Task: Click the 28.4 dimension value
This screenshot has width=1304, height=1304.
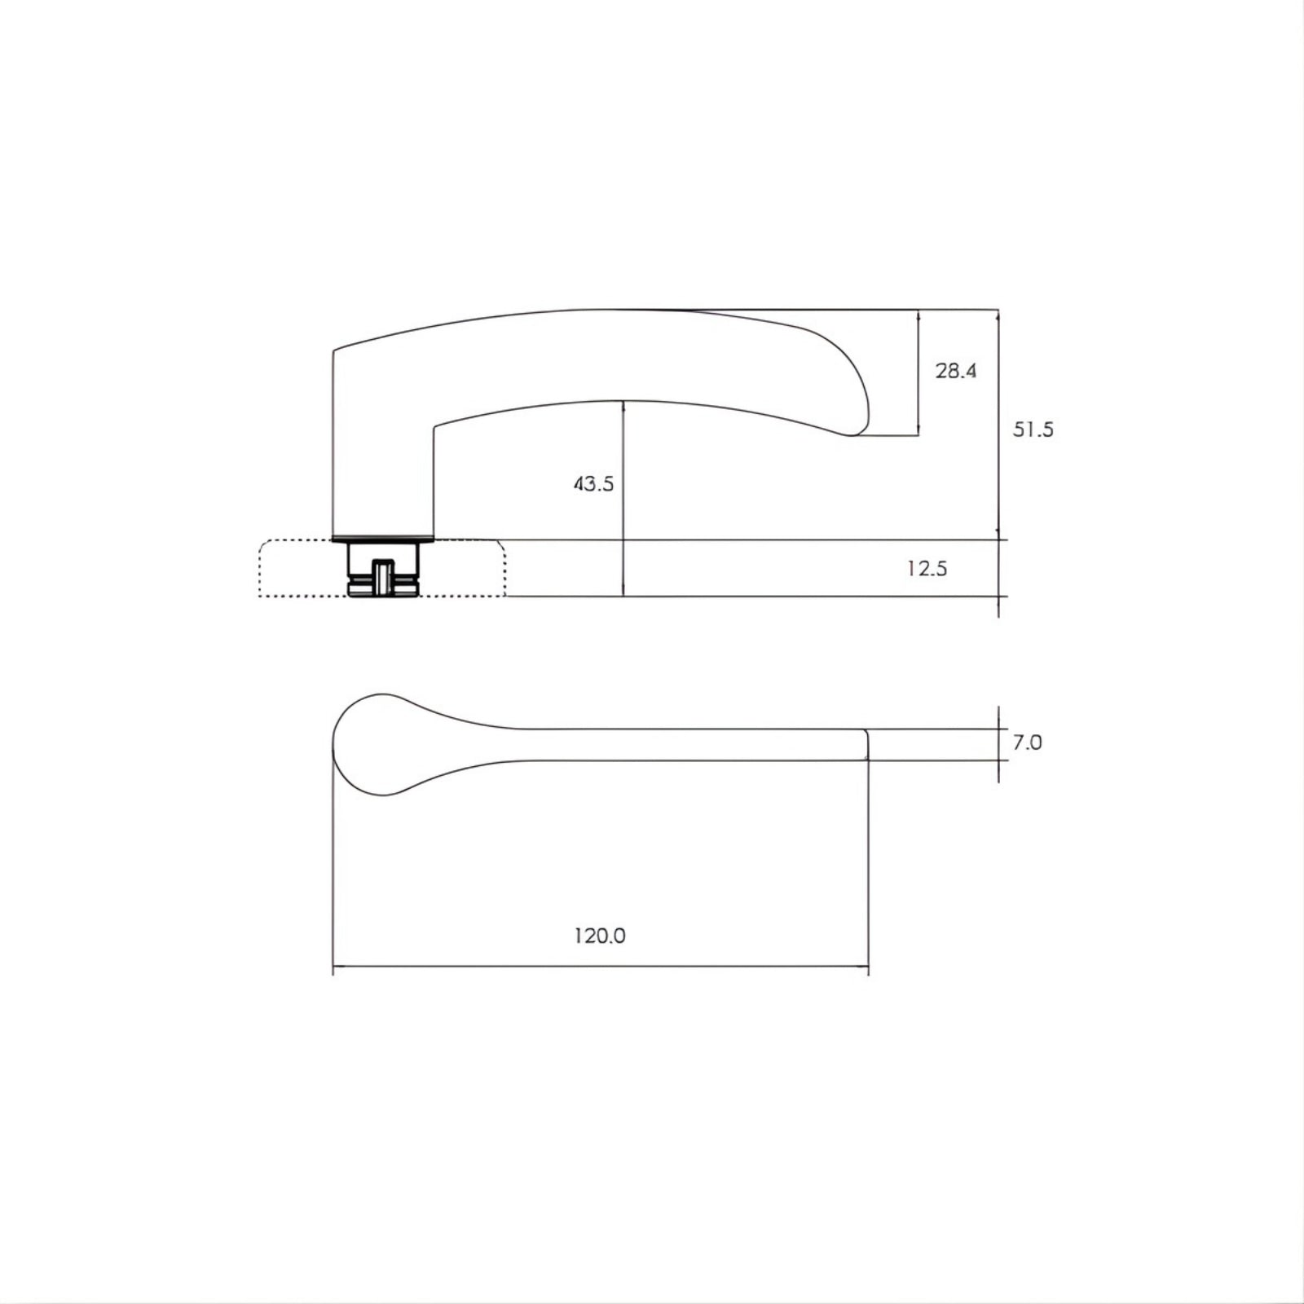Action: (955, 372)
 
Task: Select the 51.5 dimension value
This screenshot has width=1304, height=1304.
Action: (1033, 430)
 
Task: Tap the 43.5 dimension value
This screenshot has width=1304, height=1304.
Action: (593, 484)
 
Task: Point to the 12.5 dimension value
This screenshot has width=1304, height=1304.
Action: (927, 569)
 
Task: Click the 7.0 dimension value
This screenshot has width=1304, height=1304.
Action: (1027, 743)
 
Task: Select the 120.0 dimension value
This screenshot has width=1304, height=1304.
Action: (600, 936)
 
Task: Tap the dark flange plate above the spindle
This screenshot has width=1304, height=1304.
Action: (383, 538)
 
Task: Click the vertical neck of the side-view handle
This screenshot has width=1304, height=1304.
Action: (383, 473)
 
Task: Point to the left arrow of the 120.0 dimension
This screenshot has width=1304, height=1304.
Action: (337, 968)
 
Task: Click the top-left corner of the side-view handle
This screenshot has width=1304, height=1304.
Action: (335, 351)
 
